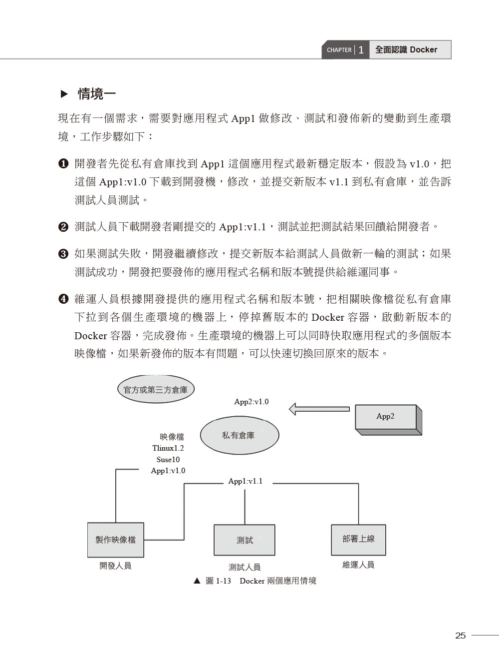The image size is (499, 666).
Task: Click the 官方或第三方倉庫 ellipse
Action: click(156, 389)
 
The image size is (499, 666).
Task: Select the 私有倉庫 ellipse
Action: click(240, 435)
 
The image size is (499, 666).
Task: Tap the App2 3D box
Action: click(388, 420)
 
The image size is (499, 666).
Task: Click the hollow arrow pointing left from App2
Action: click(319, 409)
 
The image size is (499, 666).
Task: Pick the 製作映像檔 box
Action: click(116, 540)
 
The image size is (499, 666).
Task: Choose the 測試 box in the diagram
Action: click(245, 540)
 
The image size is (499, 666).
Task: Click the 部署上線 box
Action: click(358, 540)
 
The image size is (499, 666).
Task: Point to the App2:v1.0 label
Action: click(251, 402)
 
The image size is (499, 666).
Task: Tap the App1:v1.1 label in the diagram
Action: click(246, 481)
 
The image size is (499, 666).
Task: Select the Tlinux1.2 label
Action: click(168, 448)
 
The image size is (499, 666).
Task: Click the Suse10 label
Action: click(168, 459)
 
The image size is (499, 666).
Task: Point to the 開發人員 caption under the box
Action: click(115, 566)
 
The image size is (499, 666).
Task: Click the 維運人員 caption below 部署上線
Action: click(358, 565)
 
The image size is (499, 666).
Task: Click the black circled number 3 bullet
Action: click(63, 254)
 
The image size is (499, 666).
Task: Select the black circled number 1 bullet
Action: click(63, 164)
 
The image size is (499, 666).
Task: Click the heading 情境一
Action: click(97, 94)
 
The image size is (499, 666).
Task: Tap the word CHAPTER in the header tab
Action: click(339, 50)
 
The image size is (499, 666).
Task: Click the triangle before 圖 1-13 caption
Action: click(197, 581)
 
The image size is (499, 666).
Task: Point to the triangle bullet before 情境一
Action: click(64, 94)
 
